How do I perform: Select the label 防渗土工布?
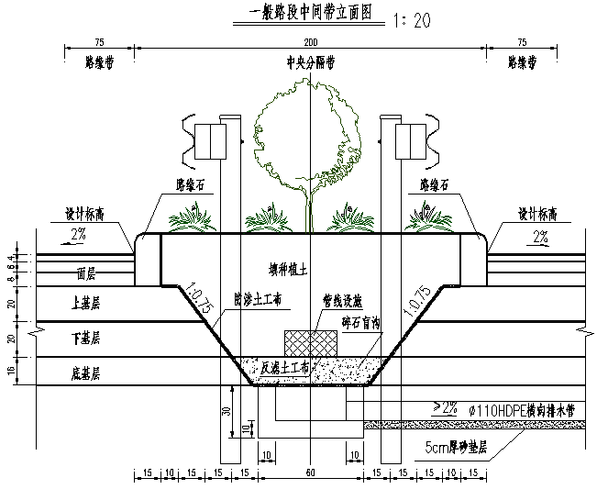(259, 300)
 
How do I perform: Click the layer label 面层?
(87, 273)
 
